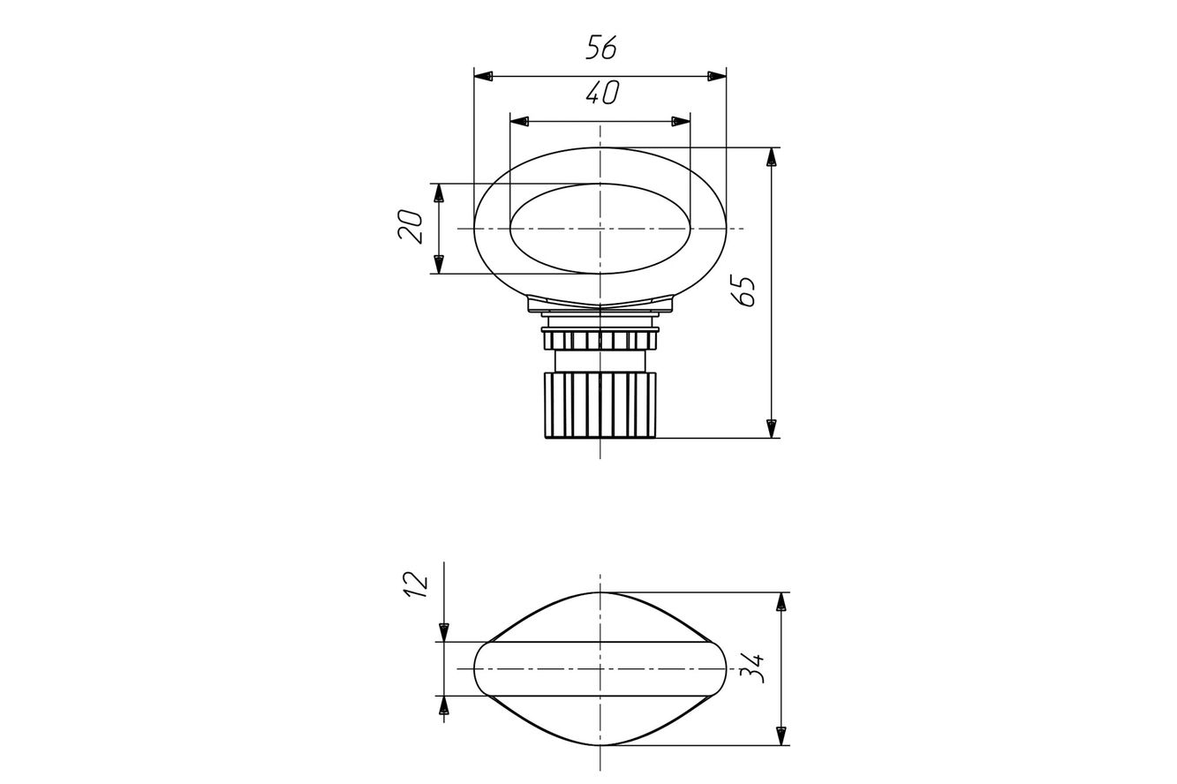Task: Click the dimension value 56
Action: click(x=601, y=48)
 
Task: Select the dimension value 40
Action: click(x=602, y=93)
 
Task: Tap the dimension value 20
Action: click(x=411, y=227)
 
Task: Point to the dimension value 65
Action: click(x=743, y=290)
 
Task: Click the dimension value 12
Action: click(x=416, y=584)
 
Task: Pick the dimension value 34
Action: click(x=751, y=667)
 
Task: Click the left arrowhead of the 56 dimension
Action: click(x=483, y=76)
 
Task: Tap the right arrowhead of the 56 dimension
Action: click(x=717, y=76)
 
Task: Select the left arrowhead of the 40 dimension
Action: click(x=520, y=121)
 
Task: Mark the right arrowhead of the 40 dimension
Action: click(x=681, y=121)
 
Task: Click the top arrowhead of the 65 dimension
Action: click(x=772, y=157)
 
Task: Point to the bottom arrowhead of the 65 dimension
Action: click(x=772, y=428)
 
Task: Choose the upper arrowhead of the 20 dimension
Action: click(x=439, y=192)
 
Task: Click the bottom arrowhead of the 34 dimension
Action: click(x=781, y=735)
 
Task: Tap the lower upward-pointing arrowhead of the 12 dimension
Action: click(x=444, y=705)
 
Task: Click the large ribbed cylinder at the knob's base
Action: click(x=600, y=405)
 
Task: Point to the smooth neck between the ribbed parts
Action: click(x=600, y=361)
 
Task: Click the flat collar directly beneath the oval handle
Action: click(x=600, y=306)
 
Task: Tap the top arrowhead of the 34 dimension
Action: click(x=781, y=601)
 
